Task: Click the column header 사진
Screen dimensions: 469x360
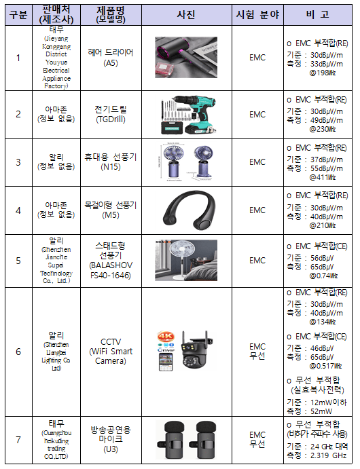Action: (185, 14)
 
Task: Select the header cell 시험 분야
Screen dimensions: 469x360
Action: (257, 14)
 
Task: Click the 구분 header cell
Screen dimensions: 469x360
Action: (18, 14)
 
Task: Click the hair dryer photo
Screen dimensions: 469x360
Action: (185, 57)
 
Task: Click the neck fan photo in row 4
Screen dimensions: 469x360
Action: (185, 210)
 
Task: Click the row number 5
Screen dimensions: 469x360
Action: (18, 261)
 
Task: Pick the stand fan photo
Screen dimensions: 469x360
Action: (185, 261)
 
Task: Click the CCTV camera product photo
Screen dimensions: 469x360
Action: (185, 351)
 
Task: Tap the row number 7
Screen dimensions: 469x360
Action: (18, 440)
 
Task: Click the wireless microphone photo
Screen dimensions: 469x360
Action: (185, 440)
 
